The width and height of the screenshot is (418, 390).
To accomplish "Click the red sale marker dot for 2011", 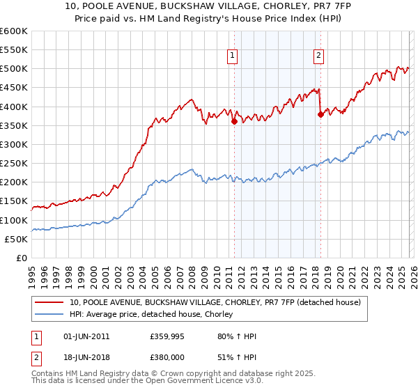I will (234, 121).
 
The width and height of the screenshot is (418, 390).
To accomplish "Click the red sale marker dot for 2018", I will (320, 115).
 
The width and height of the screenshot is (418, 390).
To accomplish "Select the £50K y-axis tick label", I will (17, 239).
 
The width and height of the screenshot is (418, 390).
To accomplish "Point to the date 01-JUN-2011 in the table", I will (85, 336).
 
